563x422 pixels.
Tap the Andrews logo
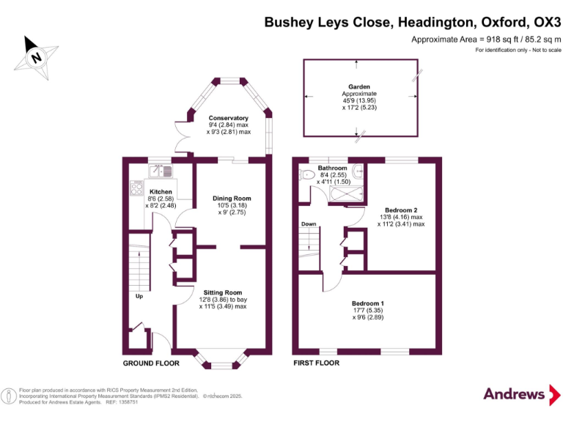(x=514, y=393)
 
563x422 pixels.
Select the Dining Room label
(x=232, y=198)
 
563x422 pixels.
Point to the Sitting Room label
(x=223, y=292)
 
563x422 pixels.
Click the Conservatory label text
(x=229, y=118)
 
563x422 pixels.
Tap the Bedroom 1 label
(x=367, y=303)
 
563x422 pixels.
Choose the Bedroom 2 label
(x=400, y=210)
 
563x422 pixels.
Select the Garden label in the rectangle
(x=359, y=86)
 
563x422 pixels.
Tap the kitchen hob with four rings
(x=136, y=188)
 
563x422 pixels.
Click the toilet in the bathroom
(x=306, y=174)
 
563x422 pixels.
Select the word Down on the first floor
(x=308, y=224)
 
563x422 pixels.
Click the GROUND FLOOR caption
(x=151, y=363)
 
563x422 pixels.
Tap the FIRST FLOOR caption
(x=316, y=363)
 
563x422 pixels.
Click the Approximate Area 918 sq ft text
(x=485, y=39)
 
